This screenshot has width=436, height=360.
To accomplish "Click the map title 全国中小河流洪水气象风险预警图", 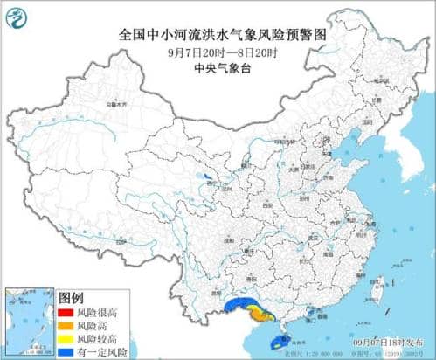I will point(219,35).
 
